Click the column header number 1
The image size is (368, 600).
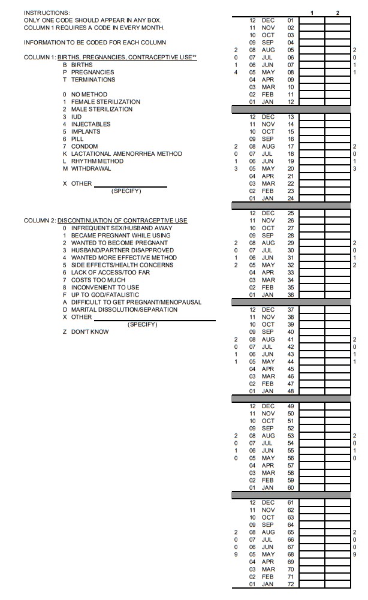[312, 13]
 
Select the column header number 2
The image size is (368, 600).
[337, 13]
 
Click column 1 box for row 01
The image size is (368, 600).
[312, 20]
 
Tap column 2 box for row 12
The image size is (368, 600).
[337, 102]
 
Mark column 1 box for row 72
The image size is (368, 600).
[312, 584]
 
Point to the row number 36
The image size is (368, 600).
[291, 295]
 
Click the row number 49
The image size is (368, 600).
[291, 406]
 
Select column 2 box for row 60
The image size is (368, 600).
[337, 488]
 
